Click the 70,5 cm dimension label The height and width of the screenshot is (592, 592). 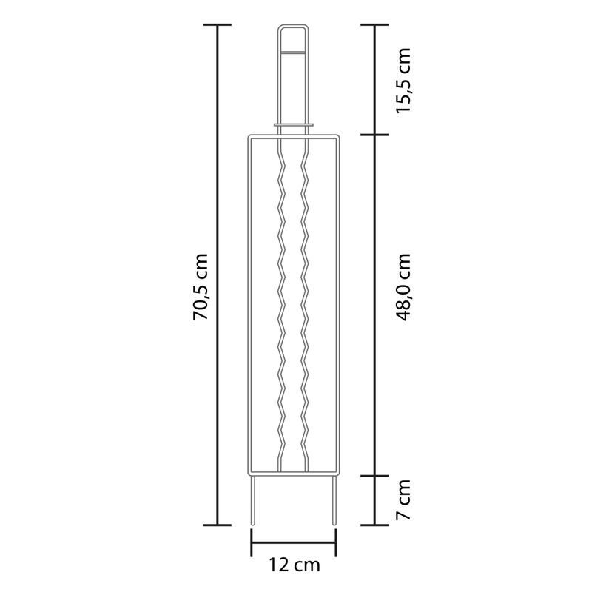click(x=201, y=286)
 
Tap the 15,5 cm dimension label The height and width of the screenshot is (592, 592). click(x=403, y=80)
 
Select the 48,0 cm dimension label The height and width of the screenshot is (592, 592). click(x=403, y=287)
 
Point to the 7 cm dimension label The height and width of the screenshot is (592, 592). click(x=403, y=499)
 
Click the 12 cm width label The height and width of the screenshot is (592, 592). click(x=294, y=565)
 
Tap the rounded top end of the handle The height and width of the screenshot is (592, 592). click(x=293, y=27)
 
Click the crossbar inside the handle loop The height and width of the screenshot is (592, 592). click(x=293, y=52)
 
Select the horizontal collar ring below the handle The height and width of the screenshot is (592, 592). click(x=294, y=124)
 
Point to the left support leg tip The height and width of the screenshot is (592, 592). click(x=252, y=524)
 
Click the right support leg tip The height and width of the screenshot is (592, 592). click(x=334, y=524)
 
